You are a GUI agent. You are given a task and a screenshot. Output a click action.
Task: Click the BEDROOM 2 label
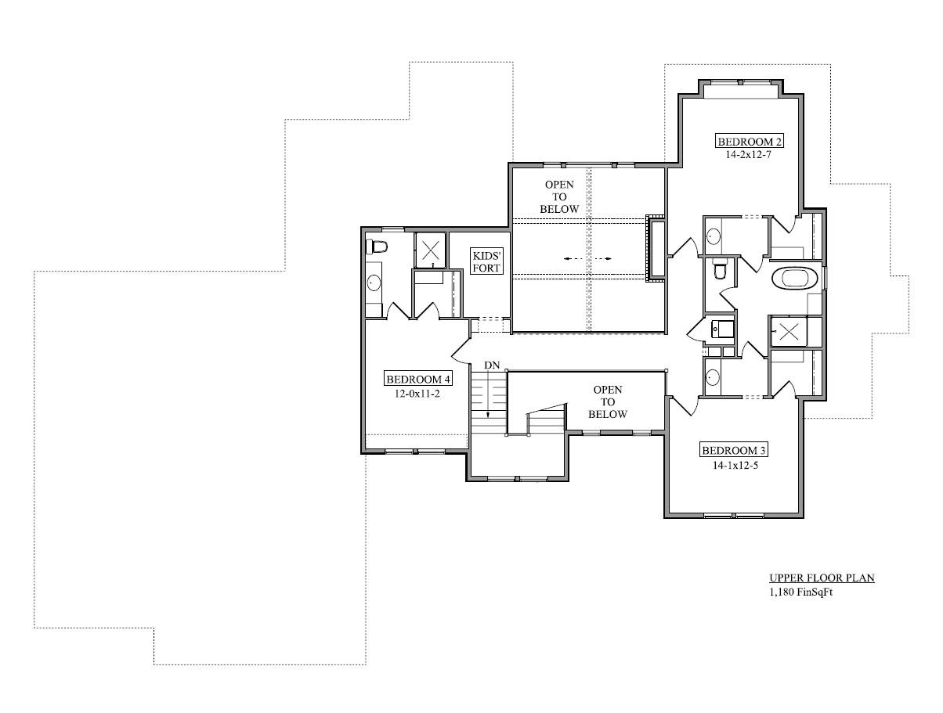click(749, 141)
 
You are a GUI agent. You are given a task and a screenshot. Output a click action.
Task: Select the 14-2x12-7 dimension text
click(749, 155)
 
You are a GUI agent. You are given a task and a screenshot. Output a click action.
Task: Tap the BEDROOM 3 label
click(734, 450)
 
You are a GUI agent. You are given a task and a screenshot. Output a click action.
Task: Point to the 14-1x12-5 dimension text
click(735, 465)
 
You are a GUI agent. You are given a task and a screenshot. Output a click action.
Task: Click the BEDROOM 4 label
click(418, 379)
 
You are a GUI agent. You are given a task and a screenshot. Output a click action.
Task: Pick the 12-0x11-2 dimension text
click(417, 394)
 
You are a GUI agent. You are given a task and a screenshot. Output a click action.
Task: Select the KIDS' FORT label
click(486, 262)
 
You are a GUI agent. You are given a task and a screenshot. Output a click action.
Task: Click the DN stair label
click(492, 365)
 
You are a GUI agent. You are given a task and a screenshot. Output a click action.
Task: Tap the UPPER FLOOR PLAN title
click(822, 578)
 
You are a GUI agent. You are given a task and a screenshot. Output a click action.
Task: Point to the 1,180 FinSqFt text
click(800, 592)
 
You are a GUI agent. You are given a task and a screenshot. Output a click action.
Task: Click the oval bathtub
click(793, 279)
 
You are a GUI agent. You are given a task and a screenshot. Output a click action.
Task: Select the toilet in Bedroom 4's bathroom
click(377, 247)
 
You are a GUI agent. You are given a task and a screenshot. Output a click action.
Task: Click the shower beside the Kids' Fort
click(431, 250)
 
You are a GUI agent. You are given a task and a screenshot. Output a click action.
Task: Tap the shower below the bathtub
click(789, 331)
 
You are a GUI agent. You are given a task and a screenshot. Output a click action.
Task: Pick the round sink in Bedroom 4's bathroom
click(373, 283)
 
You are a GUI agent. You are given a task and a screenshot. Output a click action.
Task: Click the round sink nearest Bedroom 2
click(714, 236)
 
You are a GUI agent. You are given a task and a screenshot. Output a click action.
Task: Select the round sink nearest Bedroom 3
click(713, 377)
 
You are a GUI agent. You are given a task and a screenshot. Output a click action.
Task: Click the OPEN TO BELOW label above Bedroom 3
click(608, 402)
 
